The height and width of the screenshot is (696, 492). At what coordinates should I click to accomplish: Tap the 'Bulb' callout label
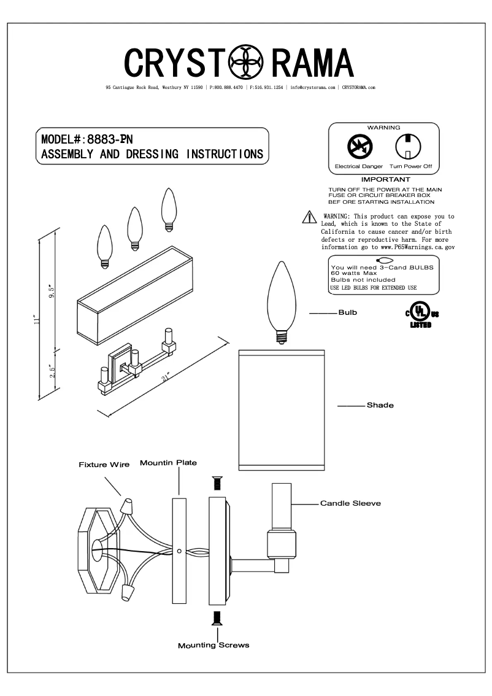click(347, 312)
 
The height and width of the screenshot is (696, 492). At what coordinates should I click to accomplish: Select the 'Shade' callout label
click(380, 405)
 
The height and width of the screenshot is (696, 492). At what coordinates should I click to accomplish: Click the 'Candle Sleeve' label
click(350, 503)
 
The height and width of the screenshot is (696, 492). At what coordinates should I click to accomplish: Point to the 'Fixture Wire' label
click(104, 465)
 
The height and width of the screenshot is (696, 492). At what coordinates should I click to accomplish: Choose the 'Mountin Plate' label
click(168, 462)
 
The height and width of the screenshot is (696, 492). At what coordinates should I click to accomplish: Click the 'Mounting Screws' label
click(213, 645)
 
